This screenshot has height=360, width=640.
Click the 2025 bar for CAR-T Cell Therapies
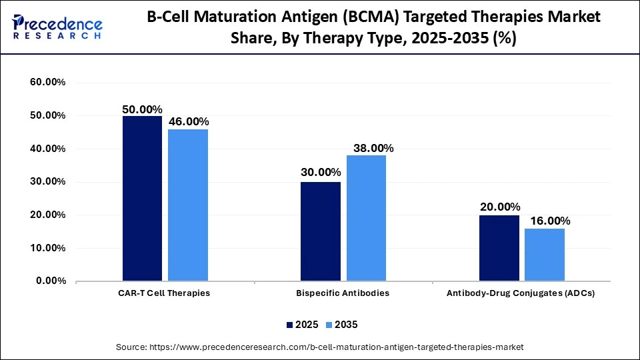142,198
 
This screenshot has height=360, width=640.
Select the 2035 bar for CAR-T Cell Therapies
188,205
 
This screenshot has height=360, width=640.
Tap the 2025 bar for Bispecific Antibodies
321,231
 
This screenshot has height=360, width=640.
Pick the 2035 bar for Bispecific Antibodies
366,218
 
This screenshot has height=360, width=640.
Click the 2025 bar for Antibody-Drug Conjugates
499,248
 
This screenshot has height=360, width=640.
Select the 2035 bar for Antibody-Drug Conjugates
545,255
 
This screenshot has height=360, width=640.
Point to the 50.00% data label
142,109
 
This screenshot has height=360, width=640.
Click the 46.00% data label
189,121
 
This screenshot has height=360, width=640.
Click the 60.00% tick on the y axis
47,83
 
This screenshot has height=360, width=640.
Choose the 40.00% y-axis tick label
47,149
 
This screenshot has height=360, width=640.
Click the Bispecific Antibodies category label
343,293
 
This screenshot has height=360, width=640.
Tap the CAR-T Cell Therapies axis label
165,293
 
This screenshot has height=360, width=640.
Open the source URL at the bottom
320,347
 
